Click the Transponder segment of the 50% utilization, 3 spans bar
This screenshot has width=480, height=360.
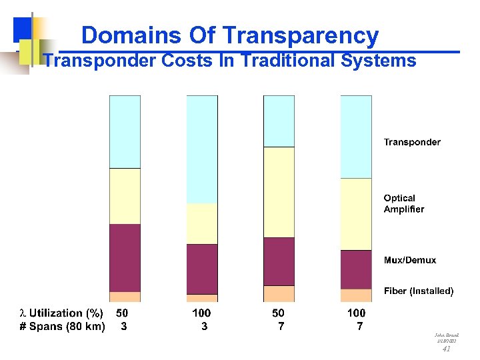pos(125,132)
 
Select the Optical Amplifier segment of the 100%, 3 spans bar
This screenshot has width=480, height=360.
pos(202,224)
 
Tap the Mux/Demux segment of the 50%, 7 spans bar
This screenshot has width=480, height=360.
pos(279,261)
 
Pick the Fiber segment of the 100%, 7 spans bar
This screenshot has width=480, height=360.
pos(356,295)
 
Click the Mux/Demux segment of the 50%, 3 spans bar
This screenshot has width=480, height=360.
pos(125,258)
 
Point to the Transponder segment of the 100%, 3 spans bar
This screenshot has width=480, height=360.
pos(202,149)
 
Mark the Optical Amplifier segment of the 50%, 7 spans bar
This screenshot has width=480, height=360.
pos(279,192)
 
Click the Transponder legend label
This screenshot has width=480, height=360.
pos(412,142)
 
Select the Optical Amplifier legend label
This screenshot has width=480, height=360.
pos(403,203)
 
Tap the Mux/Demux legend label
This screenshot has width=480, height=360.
pos(410,260)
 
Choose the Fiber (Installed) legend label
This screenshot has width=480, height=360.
pos(419,291)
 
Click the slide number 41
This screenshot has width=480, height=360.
pos(447,349)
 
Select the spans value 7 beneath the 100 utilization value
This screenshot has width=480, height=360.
pos(360,327)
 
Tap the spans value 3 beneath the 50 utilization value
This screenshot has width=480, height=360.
pos(123,327)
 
